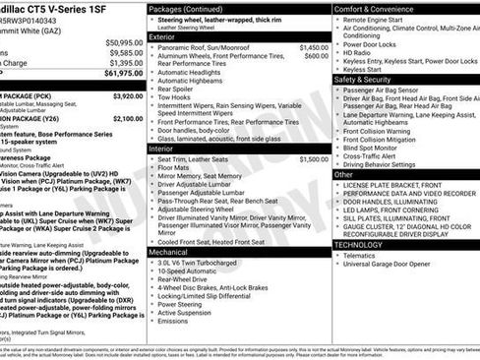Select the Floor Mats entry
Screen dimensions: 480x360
pos(178,167)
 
